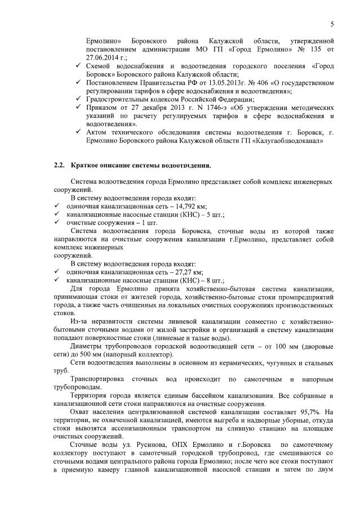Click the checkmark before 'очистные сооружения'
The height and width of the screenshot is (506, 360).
[x=57, y=223]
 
